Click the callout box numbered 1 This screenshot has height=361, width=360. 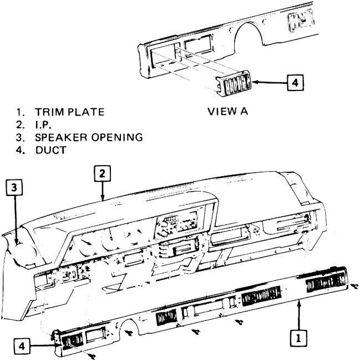pos(299,336)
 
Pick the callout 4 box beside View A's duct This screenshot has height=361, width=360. pos(295,83)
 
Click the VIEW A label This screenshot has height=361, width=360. pos(227,111)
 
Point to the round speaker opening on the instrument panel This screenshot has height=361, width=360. pos(22,244)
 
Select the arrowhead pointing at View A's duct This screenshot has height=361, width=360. pos(256,83)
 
